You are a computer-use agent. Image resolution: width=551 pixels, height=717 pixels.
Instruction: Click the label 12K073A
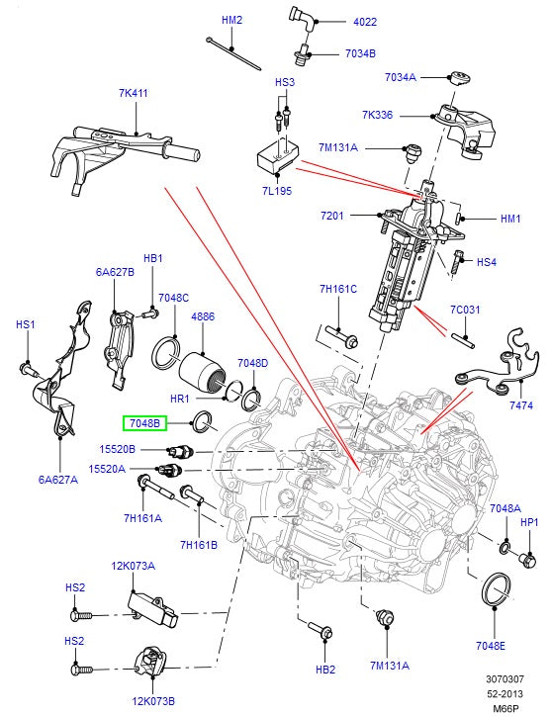click(131, 567)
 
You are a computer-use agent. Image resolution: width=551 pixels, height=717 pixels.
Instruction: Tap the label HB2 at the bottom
click(325, 670)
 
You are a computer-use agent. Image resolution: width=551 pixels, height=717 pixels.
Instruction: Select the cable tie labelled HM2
click(233, 53)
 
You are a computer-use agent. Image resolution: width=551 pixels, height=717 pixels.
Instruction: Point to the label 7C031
click(465, 310)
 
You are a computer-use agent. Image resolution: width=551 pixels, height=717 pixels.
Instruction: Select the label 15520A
click(108, 469)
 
